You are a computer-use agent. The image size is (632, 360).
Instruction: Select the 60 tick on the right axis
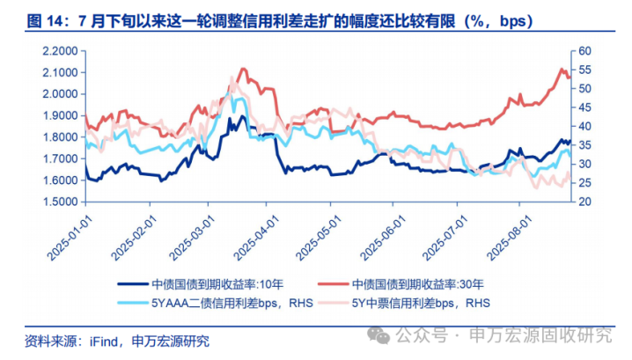point(586,50)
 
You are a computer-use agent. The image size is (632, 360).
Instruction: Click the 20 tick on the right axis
point(586,202)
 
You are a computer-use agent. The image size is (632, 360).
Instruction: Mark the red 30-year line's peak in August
point(562,70)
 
